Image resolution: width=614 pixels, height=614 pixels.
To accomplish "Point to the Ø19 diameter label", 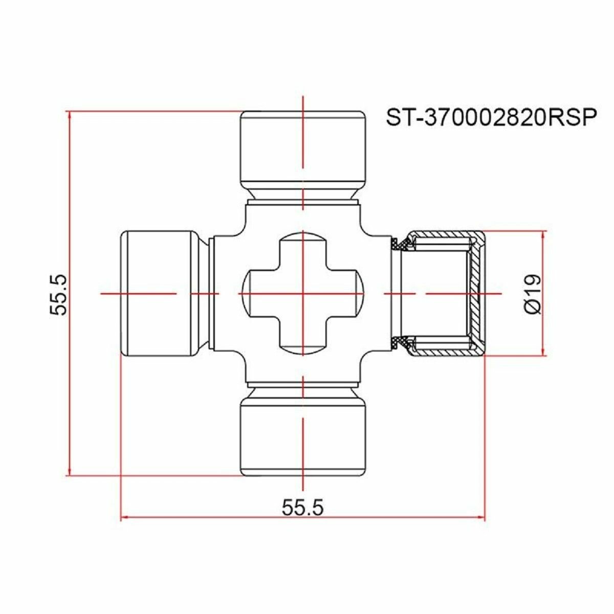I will (x=532, y=293).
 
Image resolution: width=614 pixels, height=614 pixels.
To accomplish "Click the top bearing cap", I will (x=303, y=148).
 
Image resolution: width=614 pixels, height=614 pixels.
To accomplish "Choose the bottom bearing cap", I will (x=303, y=437).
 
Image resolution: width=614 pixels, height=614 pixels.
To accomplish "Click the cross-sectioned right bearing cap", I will (x=443, y=293).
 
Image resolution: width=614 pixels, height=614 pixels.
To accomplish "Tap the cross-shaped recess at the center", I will (x=303, y=293).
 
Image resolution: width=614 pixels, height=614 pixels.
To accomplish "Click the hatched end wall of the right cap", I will (x=476, y=293).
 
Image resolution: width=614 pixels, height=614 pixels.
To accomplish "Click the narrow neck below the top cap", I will (x=303, y=195).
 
